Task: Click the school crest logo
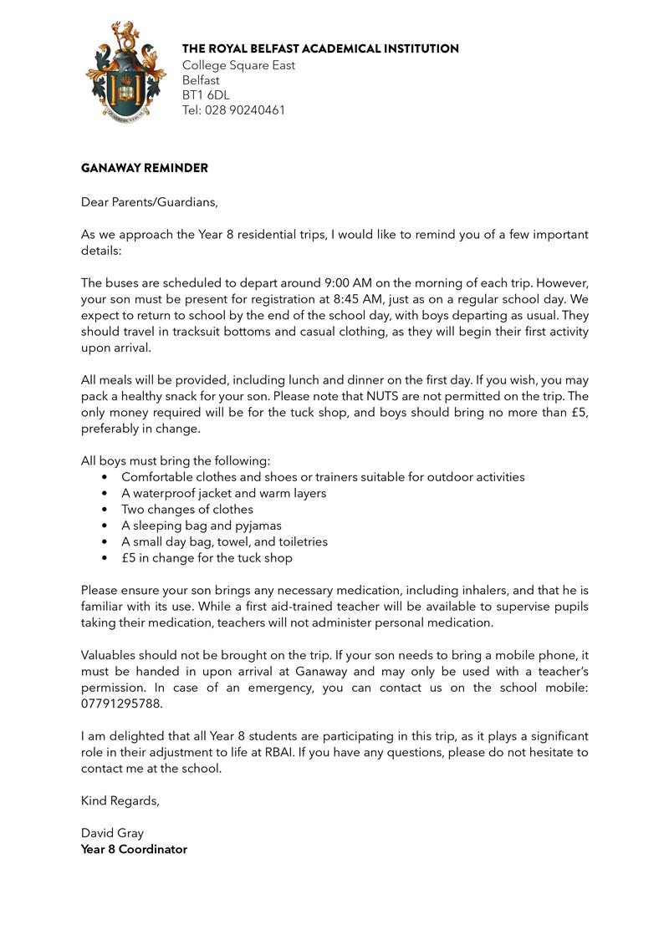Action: coord(120,74)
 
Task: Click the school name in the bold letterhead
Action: coord(320,49)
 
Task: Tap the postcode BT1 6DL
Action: coord(206,95)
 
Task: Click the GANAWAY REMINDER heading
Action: coord(145,168)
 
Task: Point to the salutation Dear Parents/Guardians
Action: coord(149,201)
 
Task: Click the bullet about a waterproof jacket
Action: coord(223,493)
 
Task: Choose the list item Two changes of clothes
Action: coord(186,509)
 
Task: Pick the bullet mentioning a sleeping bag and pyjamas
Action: coord(201,526)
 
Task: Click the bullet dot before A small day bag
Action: coord(105,541)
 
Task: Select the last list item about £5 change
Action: coord(207,557)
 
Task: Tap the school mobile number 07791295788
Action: coord(121,704)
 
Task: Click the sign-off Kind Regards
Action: coord(120,800)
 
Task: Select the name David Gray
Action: coord(112,833)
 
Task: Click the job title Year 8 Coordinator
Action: coord(134,849)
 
